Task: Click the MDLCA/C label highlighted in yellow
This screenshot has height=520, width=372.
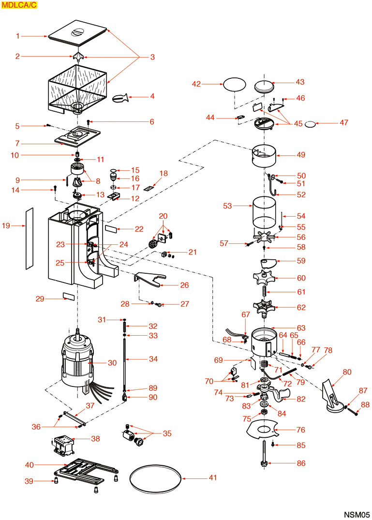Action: [19, 6]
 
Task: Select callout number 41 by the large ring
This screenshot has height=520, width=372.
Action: [213, 478]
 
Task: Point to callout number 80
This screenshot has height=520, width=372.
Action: [346, 372]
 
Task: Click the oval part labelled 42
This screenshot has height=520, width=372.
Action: [235, 85]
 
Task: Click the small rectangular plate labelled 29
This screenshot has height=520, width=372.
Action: [68, 296]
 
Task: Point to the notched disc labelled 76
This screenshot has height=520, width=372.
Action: [261, 428]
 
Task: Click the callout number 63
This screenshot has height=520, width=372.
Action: [300, 328]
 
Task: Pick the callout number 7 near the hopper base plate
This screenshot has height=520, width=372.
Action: [17, 144]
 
